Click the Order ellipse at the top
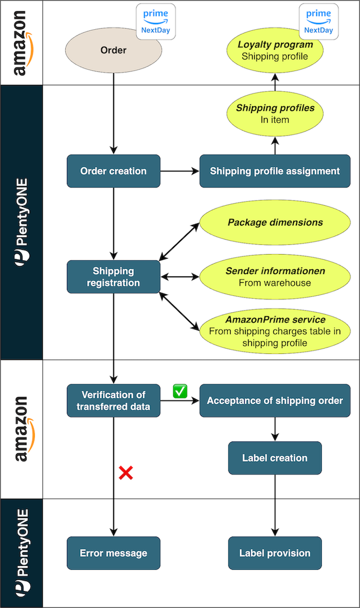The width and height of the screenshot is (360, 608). click(114, 50)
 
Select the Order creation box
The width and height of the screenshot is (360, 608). click(114, 171)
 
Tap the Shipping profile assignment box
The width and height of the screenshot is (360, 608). click(274, 171)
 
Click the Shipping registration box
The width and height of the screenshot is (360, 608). click(114, 277)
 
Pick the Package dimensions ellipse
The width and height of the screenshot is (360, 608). click(274, 222)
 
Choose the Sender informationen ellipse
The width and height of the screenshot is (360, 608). click(274, 277)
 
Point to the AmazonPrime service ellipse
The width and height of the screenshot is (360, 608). click(274, 331)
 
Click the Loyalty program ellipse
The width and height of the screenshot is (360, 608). click(274, 50)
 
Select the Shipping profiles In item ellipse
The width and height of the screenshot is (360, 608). click(274, 114)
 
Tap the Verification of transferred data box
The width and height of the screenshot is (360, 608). click(114, 400)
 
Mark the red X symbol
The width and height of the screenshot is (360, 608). click(125, 473)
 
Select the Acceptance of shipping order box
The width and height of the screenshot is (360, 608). click(274, 400)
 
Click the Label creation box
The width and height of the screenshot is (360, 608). click(274, 458)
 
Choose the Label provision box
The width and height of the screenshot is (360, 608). click(274, 553)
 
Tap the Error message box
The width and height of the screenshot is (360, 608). click(114, 553)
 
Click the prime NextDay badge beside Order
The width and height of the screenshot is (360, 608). click(156, 21)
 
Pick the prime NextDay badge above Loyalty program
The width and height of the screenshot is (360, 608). click(318, 21)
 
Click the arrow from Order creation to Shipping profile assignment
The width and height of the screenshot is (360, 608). click(180, 171)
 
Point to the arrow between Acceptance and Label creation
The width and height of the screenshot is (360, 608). click(274, 429)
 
